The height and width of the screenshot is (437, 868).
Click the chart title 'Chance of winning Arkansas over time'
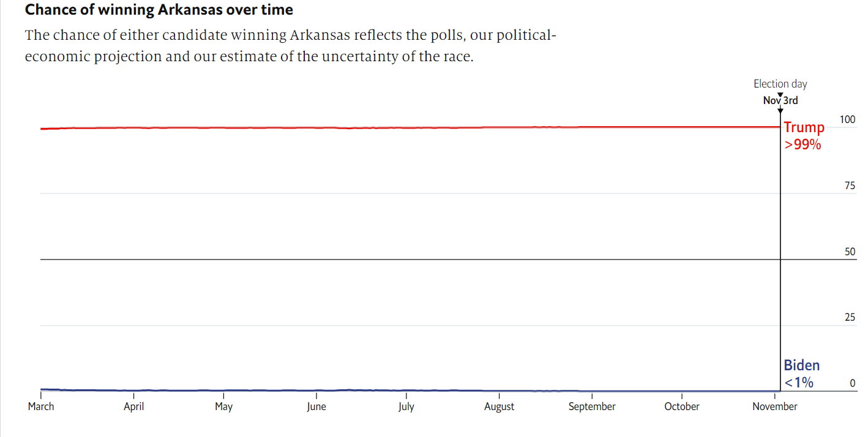coord(159,10)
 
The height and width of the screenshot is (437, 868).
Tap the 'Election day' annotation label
coord(780,84)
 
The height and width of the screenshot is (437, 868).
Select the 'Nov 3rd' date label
coord(780,100)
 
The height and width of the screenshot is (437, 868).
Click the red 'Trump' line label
coord(804,128)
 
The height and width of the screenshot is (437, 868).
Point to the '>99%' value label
coord(803,145)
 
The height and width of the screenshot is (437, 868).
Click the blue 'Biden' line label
coord(801,365)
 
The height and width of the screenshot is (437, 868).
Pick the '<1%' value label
coord(799,383)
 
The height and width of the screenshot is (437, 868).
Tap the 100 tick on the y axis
coord(847,119)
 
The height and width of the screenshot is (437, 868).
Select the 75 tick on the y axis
coord(850,185)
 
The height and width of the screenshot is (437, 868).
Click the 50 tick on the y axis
coord(850,252)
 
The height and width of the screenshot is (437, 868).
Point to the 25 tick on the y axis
coord(850,318)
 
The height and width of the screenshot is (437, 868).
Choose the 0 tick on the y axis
coord(852,384)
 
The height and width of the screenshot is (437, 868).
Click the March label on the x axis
coord(41,406)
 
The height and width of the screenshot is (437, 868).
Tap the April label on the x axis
coord(133,406)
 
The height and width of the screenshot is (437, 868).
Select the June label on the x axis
coord(316,406)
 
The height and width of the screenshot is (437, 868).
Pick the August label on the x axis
coord(499,406)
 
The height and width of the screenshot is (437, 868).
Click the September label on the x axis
coord(592,406)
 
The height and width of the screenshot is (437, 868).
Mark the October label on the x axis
coord(682,406)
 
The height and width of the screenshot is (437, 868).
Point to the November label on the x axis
coord(775,406)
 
